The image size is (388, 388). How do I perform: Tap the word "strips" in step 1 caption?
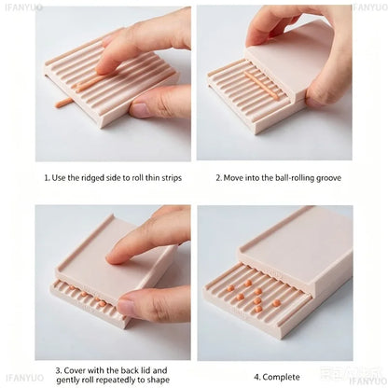click(x=172, y=178)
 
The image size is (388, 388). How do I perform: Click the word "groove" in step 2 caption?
click(x=328, y=178)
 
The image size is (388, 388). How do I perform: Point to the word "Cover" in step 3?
click(x=75, y=370)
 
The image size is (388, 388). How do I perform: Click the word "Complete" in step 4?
click(x=281, y=377)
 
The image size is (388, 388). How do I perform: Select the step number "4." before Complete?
click(x=257, y=378)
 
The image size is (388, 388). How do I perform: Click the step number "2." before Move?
click(x=219, y=178)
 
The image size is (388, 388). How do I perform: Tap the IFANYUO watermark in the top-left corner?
click(x=23, y=7)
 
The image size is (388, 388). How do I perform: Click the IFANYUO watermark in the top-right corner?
click(x=370, y=7)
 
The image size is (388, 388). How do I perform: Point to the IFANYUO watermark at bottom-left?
click(x=25, y=378)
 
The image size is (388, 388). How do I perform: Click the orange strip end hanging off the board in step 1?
click(x=62, y=103)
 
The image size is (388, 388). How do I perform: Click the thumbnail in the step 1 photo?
click(x=141, y=110)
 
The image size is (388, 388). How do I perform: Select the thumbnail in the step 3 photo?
click(x=127, y=307)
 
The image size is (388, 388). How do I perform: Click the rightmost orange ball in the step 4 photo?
click(x=276, y=303)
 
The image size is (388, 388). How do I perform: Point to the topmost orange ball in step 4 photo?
click(x=248, y=284)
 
